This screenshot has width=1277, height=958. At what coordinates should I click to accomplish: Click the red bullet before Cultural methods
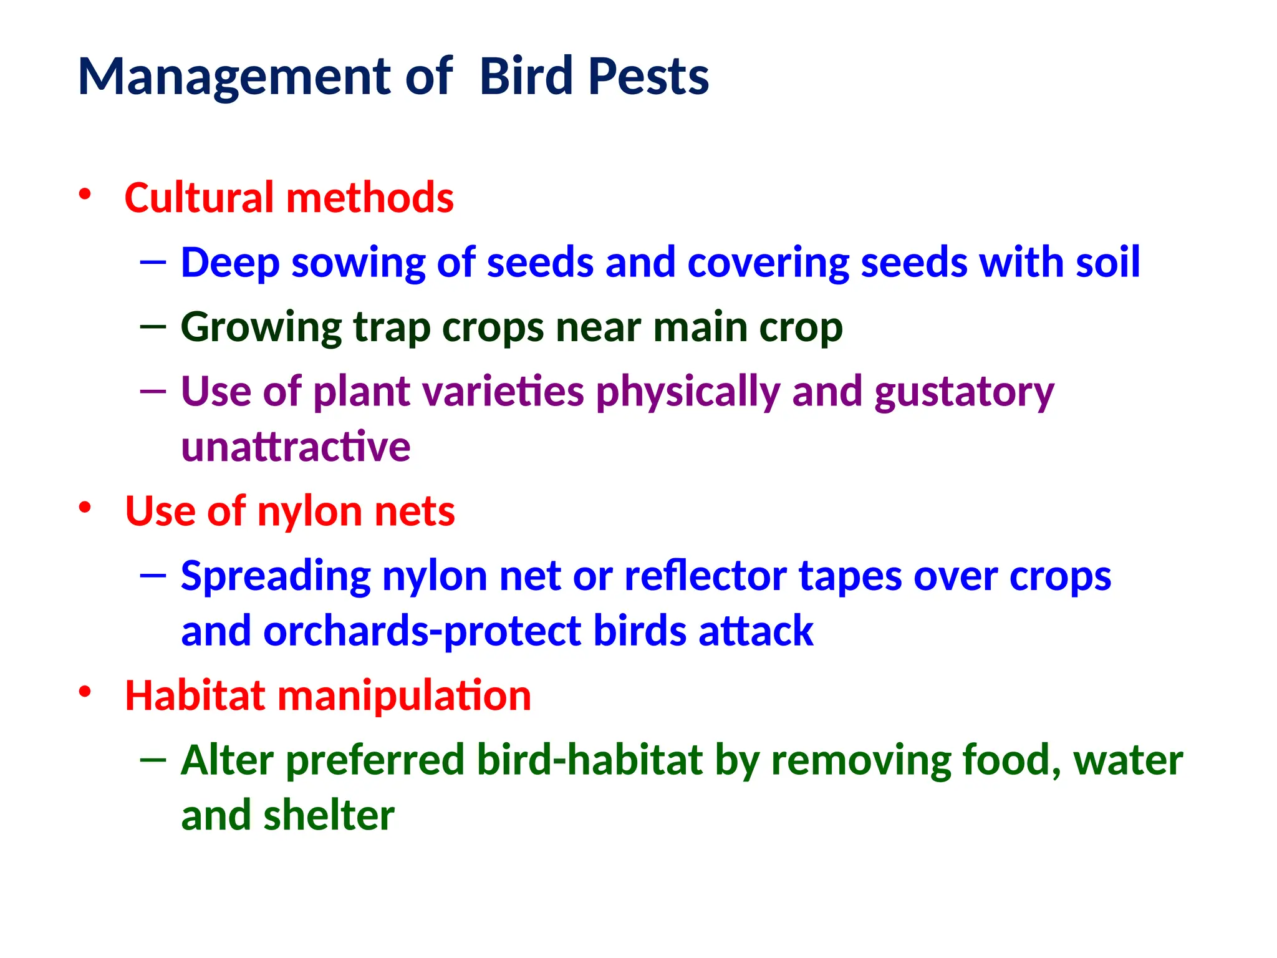coord(85,194)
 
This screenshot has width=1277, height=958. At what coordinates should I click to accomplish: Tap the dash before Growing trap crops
coord(153,326)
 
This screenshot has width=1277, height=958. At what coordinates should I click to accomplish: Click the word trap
coord(392,328)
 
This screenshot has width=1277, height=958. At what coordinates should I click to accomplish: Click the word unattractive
coord(296,447)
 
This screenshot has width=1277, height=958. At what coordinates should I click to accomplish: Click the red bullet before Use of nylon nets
coord(85,508)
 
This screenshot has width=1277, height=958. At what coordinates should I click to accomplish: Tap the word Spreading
coord(275,577)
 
